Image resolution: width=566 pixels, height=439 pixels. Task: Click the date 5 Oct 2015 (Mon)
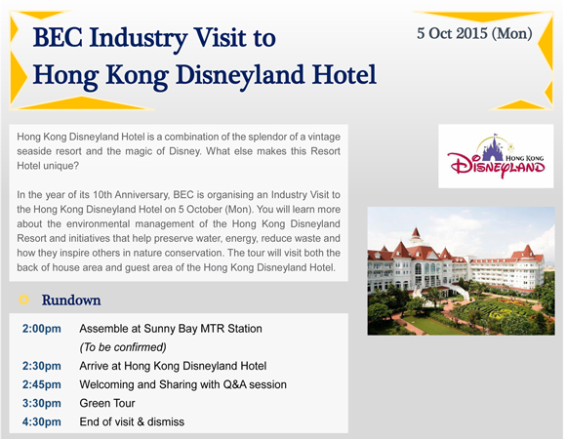point(474,33)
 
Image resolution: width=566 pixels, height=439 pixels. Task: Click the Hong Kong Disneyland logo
point(496,156)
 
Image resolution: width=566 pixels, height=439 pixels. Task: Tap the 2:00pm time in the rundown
point(42,329)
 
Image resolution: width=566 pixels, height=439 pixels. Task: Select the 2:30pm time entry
point(42,366)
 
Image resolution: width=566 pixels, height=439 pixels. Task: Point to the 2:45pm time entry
point(42,384)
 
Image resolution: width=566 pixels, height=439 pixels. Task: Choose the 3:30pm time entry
point(42,403)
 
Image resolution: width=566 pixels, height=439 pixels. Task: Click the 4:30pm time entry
point(42,421)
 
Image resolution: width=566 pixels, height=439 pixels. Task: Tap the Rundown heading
point(71,300)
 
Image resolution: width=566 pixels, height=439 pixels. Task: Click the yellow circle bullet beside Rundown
point(23,299)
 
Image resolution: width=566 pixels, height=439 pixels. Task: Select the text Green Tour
point(107,403)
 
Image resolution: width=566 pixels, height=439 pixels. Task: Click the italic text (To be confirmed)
point(123,347)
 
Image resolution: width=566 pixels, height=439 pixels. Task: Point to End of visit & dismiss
point(132,421)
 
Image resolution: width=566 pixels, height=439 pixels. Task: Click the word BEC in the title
point(58,37)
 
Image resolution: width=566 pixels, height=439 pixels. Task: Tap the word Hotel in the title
point(344,75)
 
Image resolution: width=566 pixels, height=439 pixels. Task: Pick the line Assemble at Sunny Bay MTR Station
point(171,329)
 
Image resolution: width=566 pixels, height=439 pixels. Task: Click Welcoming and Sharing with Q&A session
point(183,384)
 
